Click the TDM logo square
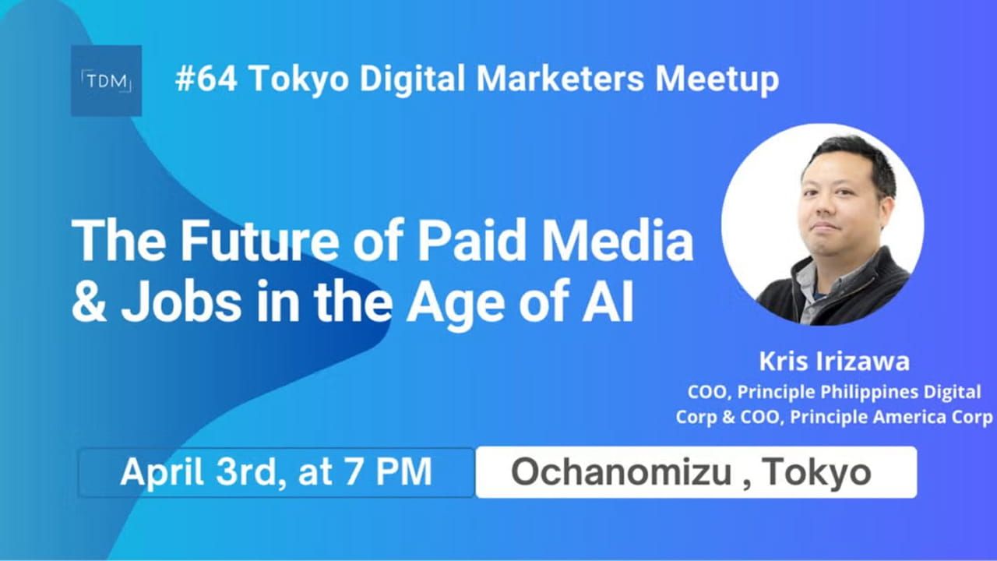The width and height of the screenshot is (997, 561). [106, 80]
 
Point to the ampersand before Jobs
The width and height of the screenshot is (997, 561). [90, 303]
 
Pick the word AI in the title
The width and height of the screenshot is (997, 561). [614, 303]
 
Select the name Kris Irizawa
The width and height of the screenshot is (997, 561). [834, 362]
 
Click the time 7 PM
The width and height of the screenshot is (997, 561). [393, 473]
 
